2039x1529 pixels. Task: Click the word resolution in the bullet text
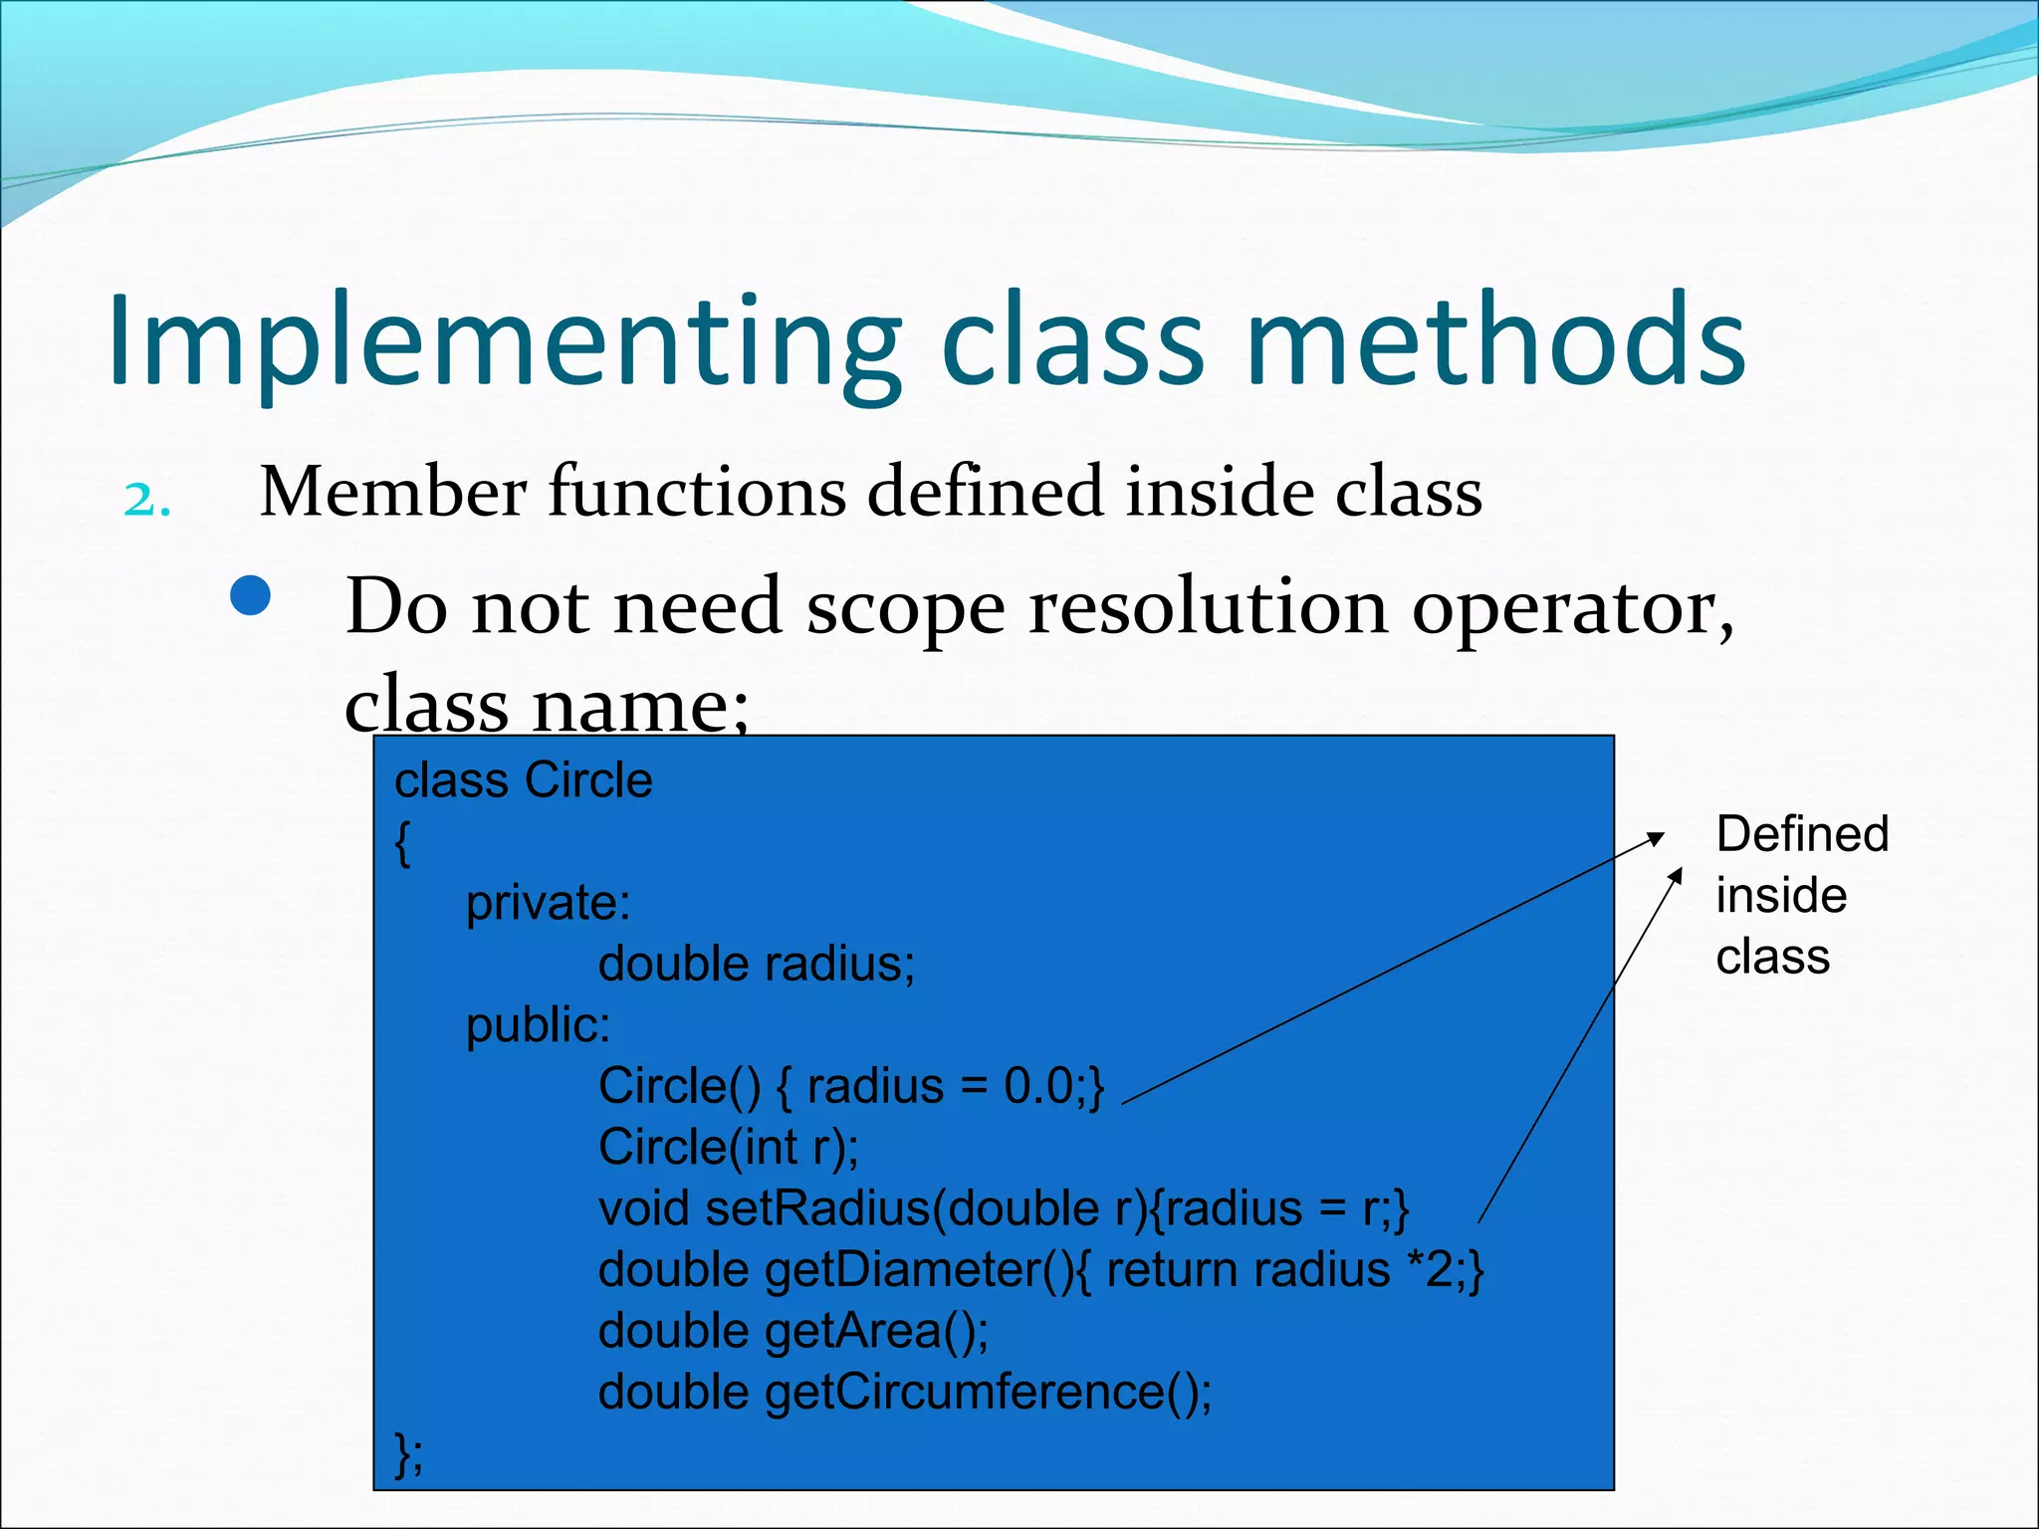pyautogui.click(x=1208, y=606)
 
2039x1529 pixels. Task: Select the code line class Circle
pyautogui.click(x=524, y=779)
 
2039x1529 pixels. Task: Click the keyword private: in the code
pyautogui.click(x=548, y=903)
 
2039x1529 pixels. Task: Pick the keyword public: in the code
pyautogui.click(x=538, y=1025)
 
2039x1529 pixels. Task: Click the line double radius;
pyautogui.click(x=756, y=964)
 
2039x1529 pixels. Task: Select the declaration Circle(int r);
pyautogui.click(x=728, y=1147)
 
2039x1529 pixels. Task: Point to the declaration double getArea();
pyautogui.click(x=793, y=1331)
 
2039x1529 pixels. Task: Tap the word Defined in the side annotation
pyautogui.click(x=1801, y=834)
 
